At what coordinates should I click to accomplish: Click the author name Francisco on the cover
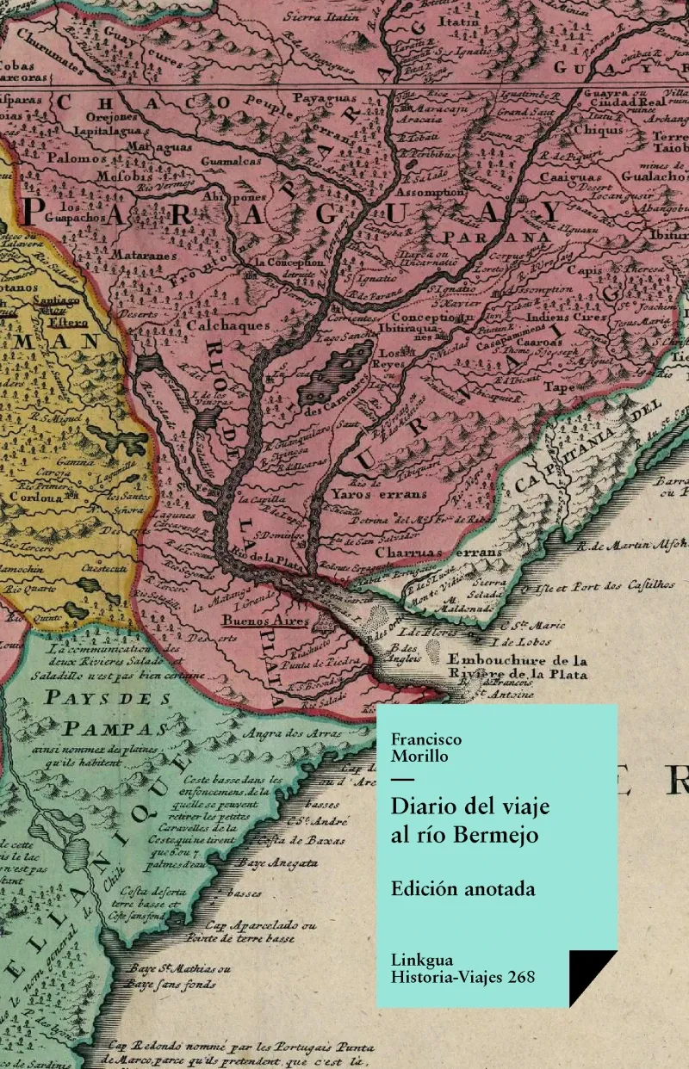click(x=426, y=739)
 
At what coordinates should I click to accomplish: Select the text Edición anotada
click(x=462, y=889)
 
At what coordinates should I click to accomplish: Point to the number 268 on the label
click(x=520, y=977)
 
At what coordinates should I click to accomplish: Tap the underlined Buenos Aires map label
click(x=254, y=621)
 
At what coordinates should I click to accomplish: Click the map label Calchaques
click(x=228, y=326)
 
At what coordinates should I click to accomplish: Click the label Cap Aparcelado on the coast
click(x=266, y=924)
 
